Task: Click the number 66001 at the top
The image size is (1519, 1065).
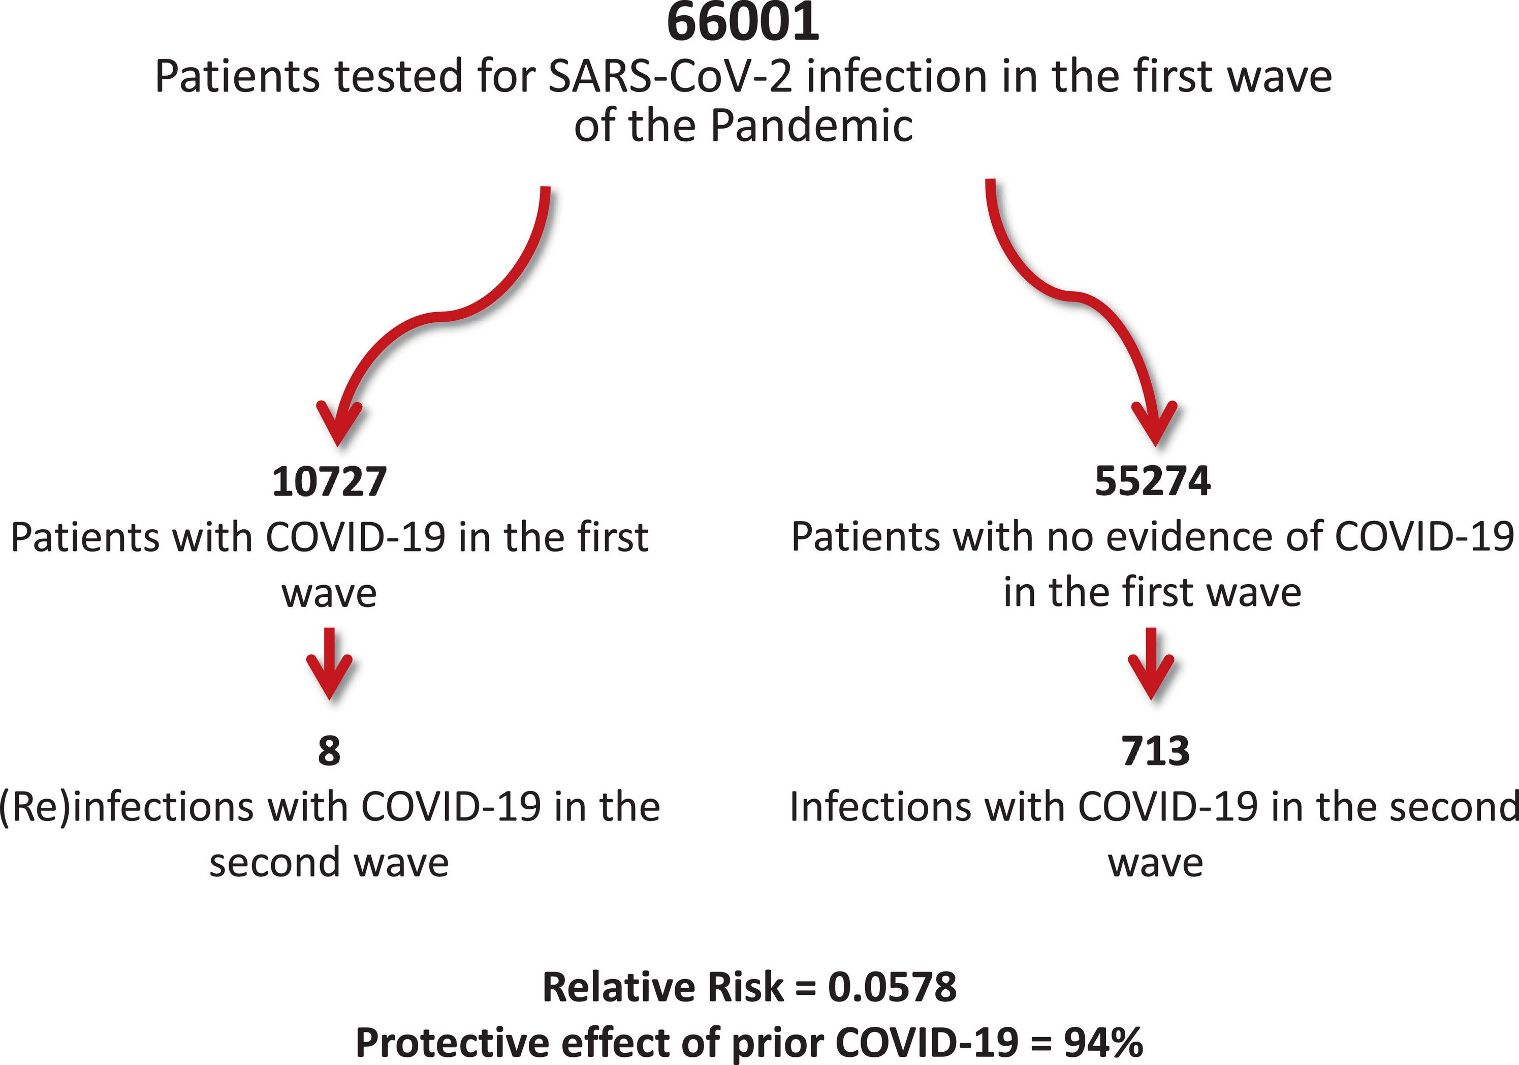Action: [743, 22]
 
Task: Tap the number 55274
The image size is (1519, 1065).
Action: [1153, 481]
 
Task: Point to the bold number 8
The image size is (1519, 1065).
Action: [329, 751]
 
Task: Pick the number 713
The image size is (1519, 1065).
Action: [1155, 751]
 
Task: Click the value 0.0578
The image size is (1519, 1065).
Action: [892, 987]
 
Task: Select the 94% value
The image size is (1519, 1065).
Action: [1103, 1043]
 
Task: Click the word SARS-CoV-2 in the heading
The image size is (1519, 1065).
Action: [670, 76]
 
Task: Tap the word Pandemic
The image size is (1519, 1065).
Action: [812, 125]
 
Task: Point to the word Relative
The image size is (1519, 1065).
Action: [619, 987]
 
